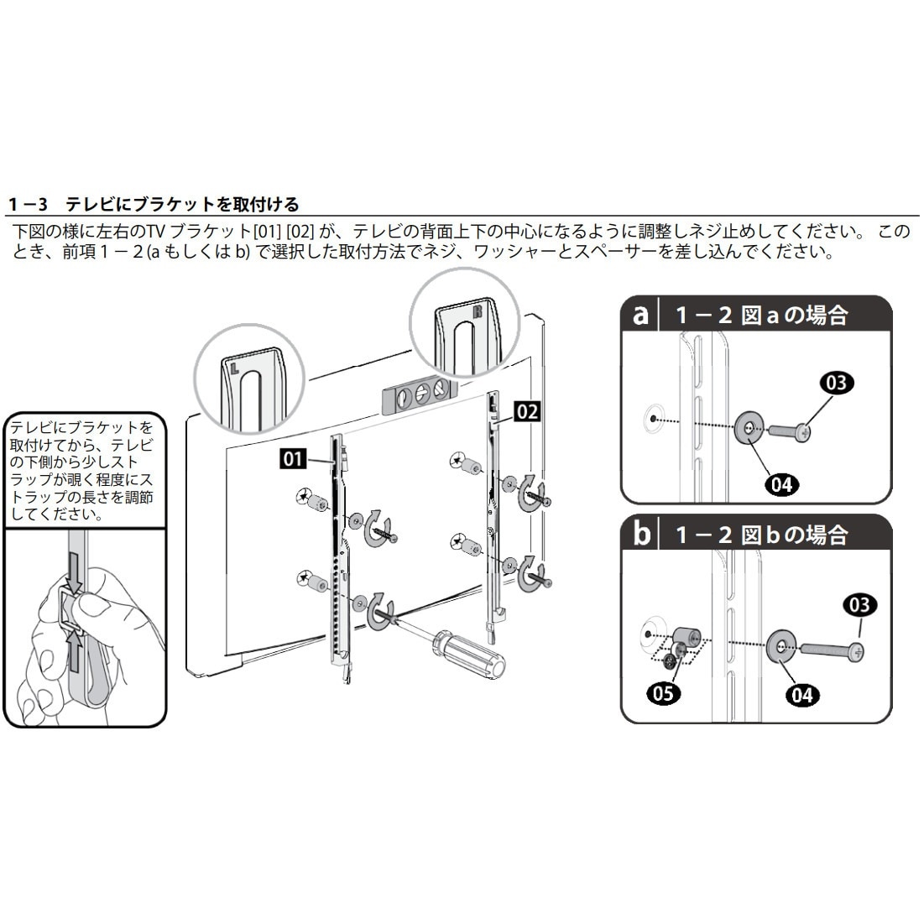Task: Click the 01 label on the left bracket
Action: tap(294, 459)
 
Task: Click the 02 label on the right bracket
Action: tap(527, 411)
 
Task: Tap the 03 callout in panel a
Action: tap(836, 384)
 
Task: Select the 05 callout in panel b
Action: tap(663, 692)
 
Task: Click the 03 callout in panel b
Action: tap(860, 604)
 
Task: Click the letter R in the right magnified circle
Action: tap(477, 311)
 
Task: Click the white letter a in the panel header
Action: tap(641, 316)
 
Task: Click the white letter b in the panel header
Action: tap(641, 534)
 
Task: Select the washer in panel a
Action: tap(747, 428)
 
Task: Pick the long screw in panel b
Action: tap(831, 650)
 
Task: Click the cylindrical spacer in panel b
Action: tap(686, 639)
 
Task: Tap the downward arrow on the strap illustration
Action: tap(73, 574)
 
